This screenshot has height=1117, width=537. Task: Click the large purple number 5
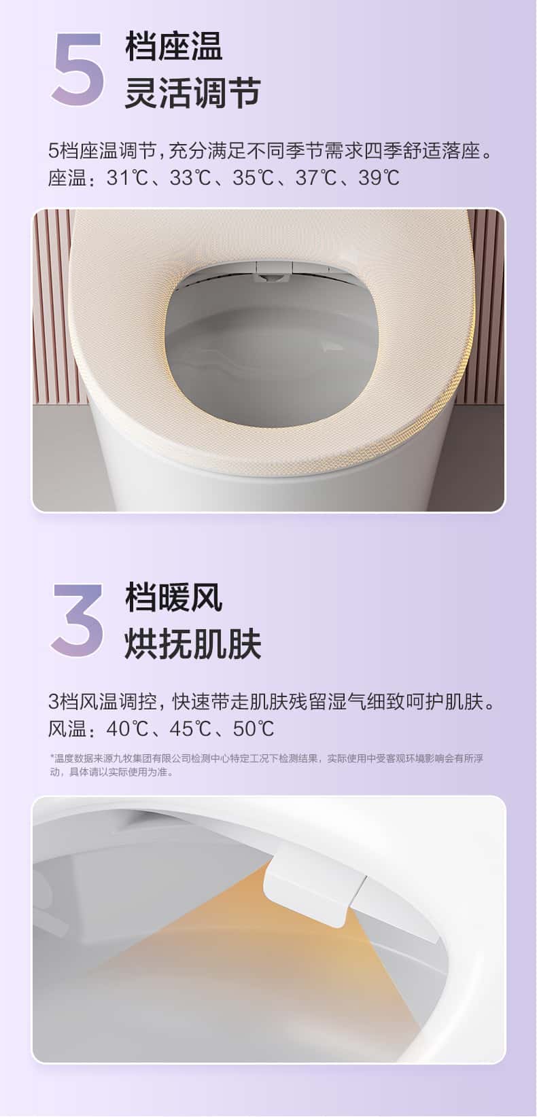pos(78,69)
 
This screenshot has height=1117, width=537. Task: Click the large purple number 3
pos(77,620)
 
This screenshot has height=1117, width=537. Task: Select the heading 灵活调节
pos(192,92)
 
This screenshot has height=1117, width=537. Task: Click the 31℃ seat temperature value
pos(127,177)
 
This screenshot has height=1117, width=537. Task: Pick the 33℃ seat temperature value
pos(190,177)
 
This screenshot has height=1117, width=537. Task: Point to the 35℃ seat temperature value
pos(253,177)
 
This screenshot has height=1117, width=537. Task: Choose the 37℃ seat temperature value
pos(316,177)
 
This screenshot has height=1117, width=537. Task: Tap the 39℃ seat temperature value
pos(379,177)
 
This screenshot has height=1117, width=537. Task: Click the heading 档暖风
pos(174,597)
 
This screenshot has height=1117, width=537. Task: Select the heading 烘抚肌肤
pos(192,644)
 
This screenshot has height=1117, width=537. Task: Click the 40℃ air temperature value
pos(127,728)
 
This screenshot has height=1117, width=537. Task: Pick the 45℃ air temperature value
pos(190,728)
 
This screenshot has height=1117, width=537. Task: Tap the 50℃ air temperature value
pos(253,728)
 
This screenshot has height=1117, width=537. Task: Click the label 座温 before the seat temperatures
pos(68,178)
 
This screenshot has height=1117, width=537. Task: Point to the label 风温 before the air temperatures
pos(68,729)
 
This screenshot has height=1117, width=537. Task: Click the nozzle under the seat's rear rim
pos(272,272)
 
